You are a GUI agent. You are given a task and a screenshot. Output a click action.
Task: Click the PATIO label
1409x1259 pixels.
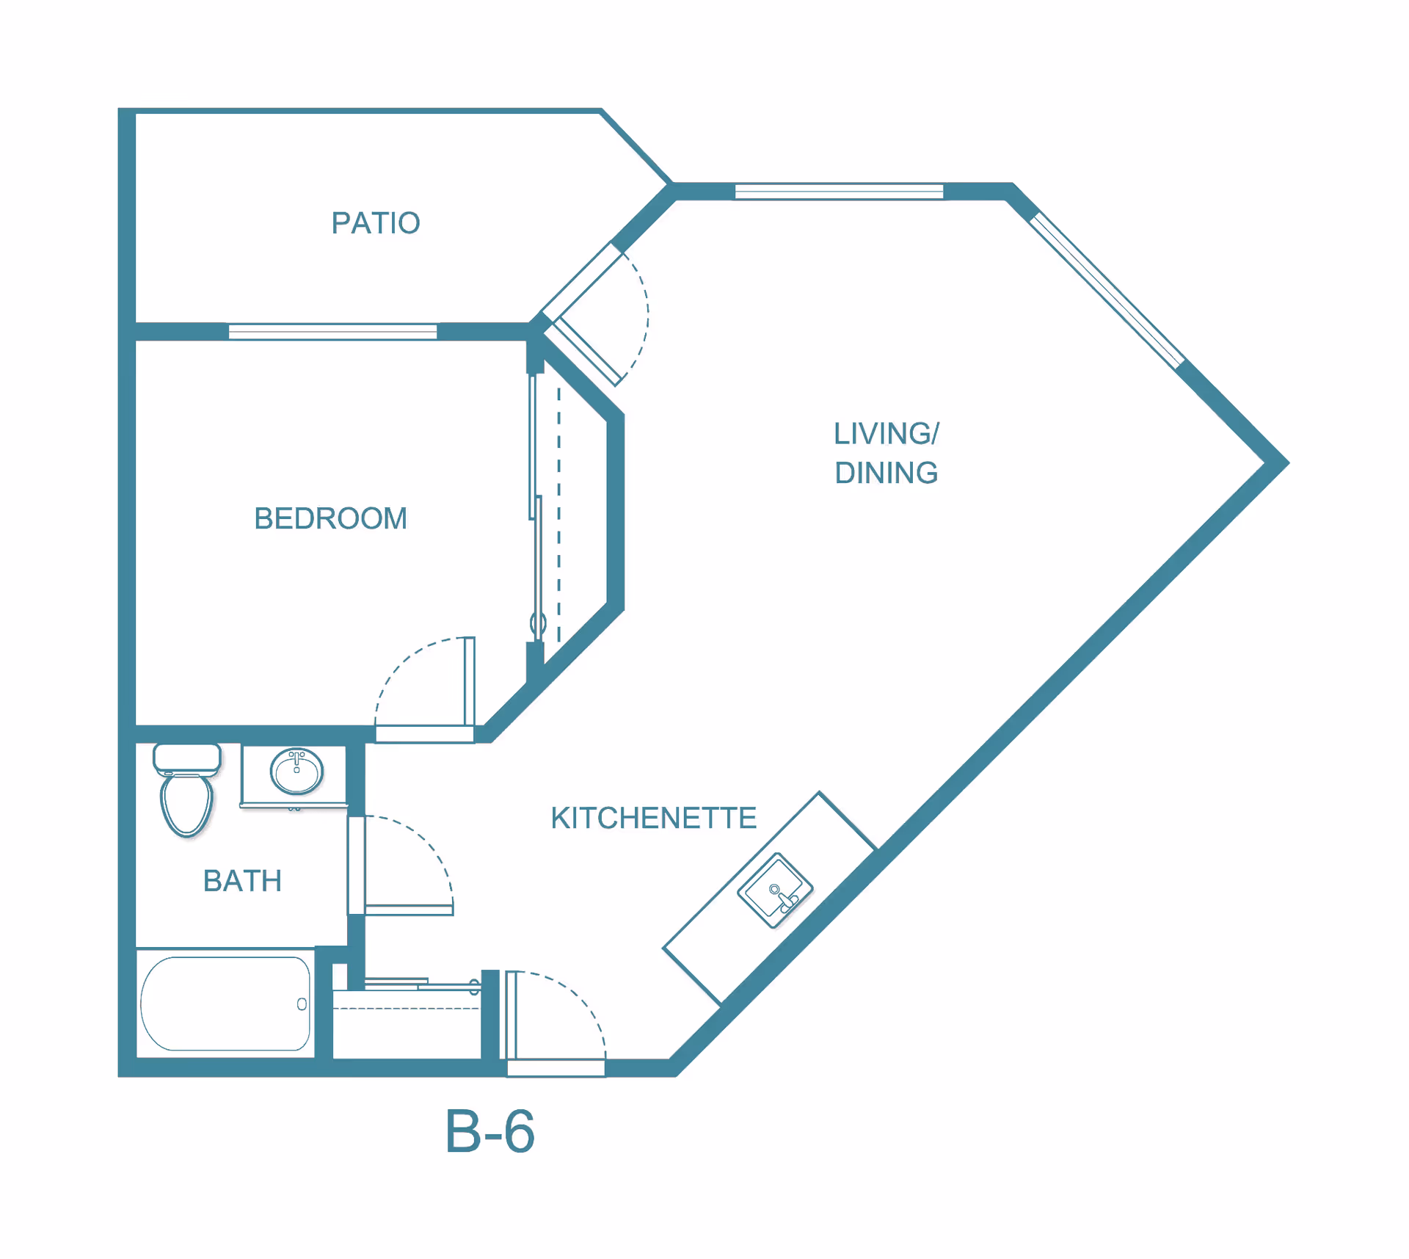click(x=376, y=223)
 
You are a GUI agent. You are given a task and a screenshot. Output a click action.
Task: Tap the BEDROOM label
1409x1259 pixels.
click(x=331, y=518)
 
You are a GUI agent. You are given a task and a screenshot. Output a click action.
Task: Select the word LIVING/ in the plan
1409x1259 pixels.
click(x=886, y=434)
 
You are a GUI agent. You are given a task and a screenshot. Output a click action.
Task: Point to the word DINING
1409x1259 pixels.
click(x=886, y=473)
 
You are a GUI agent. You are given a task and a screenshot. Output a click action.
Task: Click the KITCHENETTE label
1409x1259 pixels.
click(x=654, y=818)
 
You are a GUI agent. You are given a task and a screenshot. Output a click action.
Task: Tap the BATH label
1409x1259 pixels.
click(x=242, y=881)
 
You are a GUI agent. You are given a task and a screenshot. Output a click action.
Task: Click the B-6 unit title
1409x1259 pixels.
click(x=490, y=1131)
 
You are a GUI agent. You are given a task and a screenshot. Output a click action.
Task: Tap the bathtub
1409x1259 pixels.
click(x=225, y=1004)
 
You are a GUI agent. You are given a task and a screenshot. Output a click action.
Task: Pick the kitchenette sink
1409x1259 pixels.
click(x=775, y=890)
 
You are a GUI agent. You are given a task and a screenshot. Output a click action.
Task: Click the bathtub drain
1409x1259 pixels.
click(x=302, y=1004)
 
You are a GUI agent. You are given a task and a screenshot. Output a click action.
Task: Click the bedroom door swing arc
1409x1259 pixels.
click(x=408, y=657)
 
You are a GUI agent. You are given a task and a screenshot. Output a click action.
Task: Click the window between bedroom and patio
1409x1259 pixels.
click(x=332, y=332)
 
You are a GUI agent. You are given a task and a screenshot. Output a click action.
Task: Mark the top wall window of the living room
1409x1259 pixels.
click(x=839, y=192)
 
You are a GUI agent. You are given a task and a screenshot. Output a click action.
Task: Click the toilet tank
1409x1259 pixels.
click(x=187, y=758)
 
